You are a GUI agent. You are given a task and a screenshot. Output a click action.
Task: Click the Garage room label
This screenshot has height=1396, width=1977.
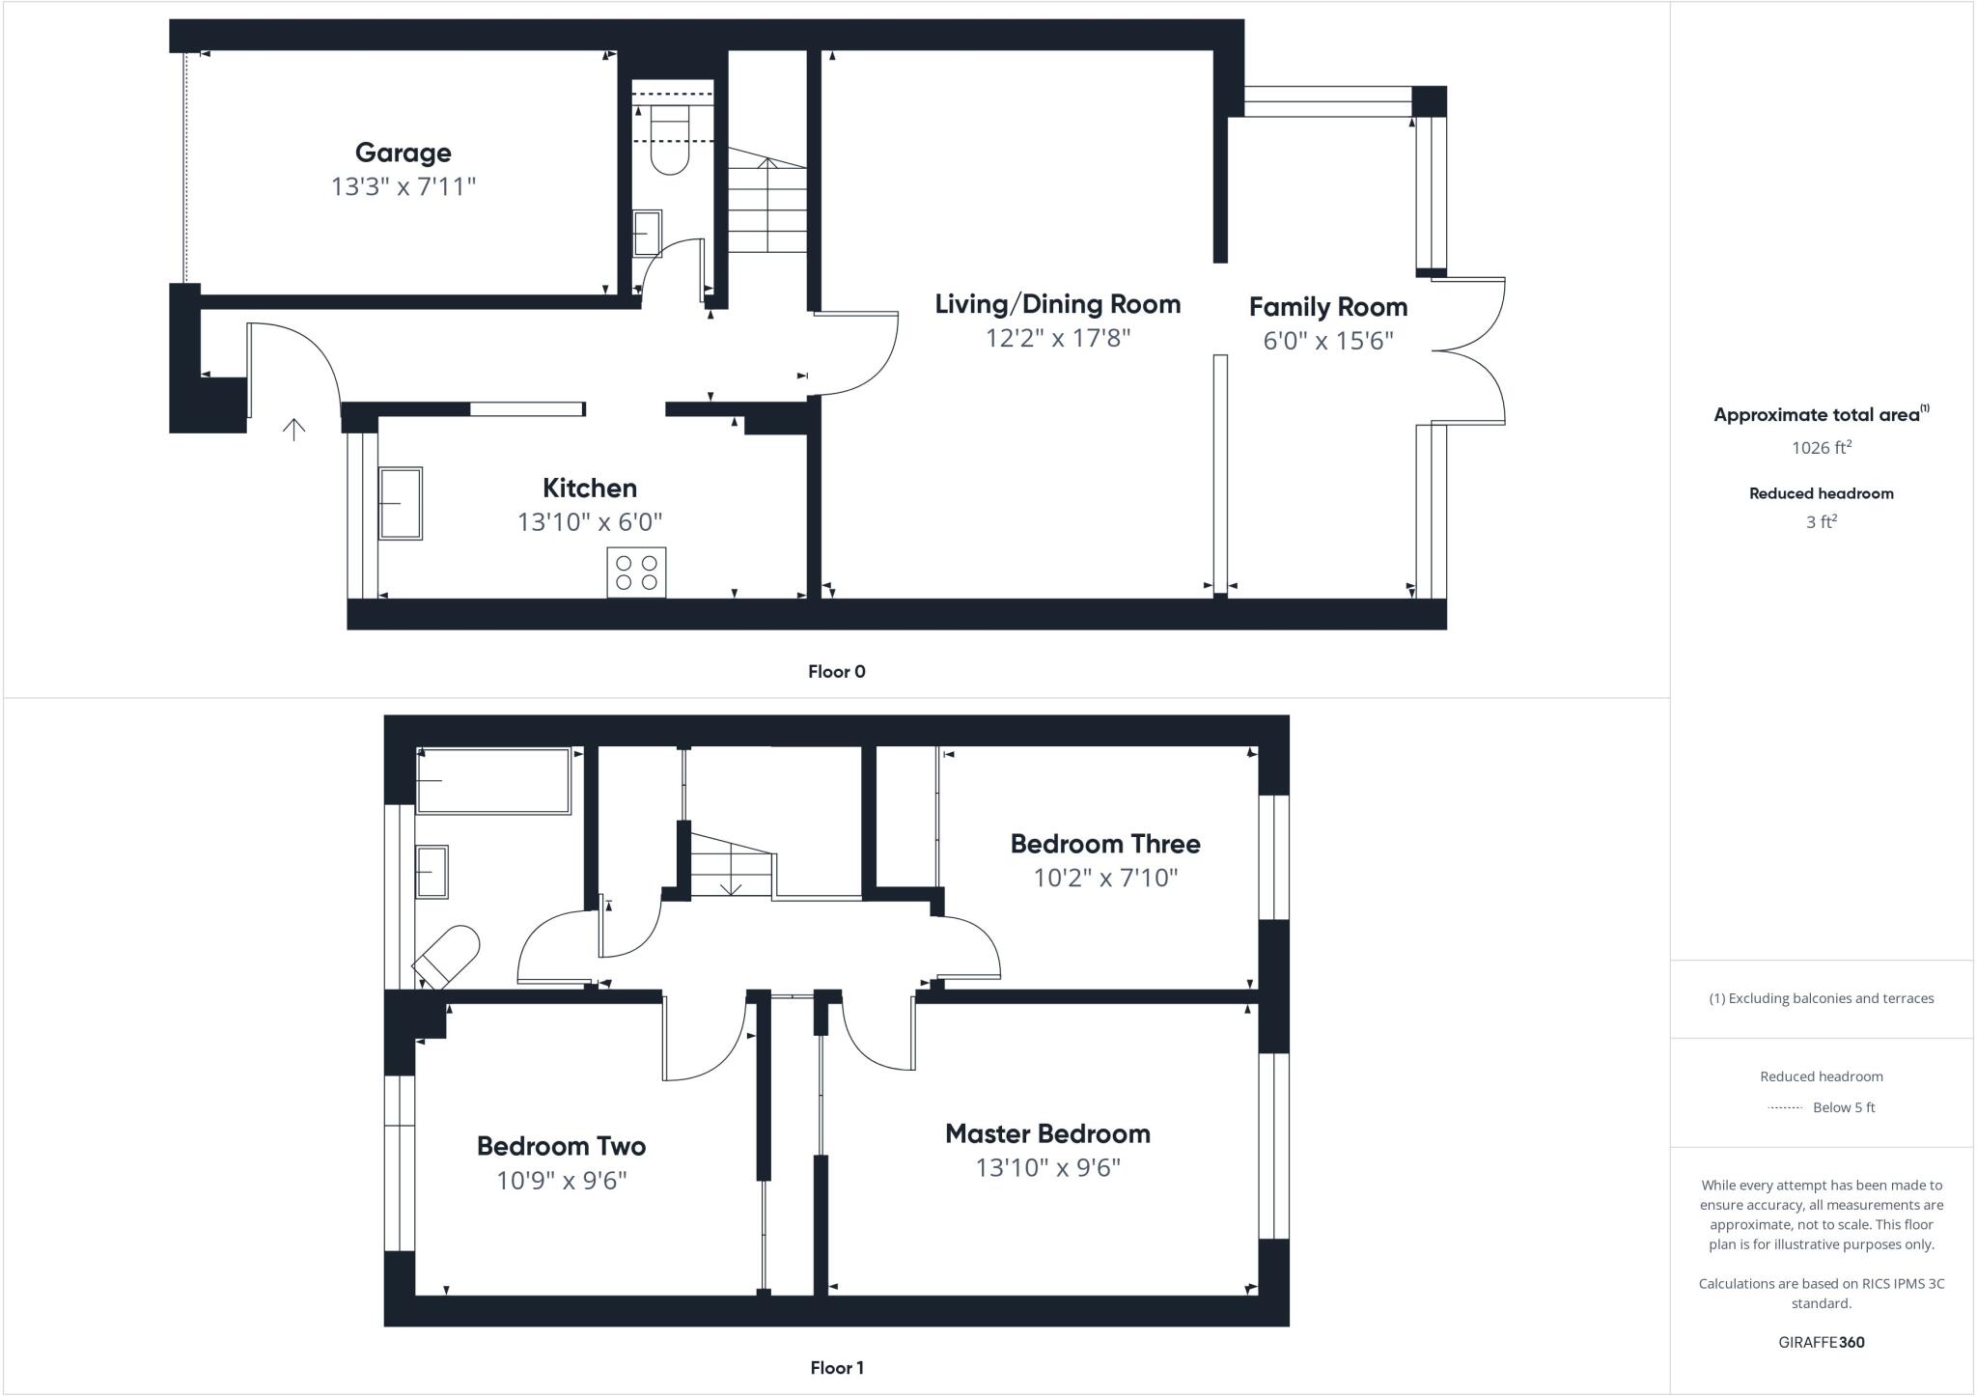[x=403, y=153]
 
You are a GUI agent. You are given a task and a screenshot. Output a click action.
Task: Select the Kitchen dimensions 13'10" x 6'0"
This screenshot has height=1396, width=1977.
[x=589, y=522]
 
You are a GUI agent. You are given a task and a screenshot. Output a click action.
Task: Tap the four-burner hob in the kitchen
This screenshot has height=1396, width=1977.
[x=636, y=572]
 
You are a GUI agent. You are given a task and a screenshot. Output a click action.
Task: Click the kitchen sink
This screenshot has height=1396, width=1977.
[x=400, y=503]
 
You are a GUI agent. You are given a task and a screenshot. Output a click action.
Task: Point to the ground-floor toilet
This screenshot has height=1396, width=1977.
[x=669, y=141]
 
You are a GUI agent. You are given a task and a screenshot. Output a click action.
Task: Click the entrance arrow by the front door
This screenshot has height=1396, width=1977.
[x=293, y=429]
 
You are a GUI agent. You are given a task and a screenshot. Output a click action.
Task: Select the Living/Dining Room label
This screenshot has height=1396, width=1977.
[x=1057, y=304]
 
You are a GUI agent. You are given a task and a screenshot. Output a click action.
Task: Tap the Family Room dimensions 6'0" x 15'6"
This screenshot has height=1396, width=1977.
[x=1327, y=341]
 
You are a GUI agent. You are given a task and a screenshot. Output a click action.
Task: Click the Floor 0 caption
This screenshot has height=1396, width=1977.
[x=836, y=672]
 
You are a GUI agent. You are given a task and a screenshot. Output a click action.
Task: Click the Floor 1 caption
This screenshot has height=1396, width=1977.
[x=836, y=1368]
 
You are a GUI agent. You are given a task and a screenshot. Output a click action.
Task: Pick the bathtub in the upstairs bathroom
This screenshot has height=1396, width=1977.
[x=493, y=780]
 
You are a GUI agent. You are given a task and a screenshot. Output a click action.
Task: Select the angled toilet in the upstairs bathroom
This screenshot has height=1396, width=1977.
[x=448, y=956]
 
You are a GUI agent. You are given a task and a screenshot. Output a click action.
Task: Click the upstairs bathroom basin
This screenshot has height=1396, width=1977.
[x=432, y=872]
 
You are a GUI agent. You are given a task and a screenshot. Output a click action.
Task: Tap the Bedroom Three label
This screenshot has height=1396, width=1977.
[x=1104, y=844]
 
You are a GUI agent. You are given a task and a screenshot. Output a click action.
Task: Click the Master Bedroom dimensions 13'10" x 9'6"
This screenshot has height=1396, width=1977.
[x=1047, y=1168]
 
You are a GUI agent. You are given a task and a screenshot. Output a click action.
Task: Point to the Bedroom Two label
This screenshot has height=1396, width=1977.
[x=561, y=1146]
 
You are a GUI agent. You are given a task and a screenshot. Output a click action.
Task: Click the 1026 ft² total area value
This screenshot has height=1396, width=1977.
[x=1821, y=447]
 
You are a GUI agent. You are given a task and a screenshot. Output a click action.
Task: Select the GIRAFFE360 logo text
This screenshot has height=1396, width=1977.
[x=1821, y=1342]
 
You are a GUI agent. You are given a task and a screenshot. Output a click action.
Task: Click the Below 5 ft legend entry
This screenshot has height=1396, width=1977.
[x=1843, y=1107]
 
